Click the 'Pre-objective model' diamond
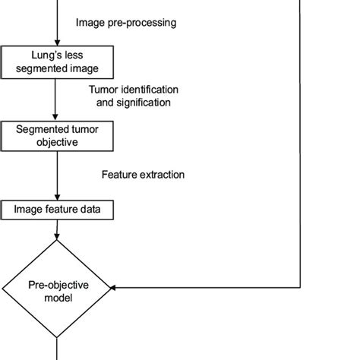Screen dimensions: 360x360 [57, 292]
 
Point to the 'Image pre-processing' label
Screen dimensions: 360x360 [126, 23]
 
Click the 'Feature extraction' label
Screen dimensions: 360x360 [144, 175]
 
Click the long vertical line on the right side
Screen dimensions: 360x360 [302, 152]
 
